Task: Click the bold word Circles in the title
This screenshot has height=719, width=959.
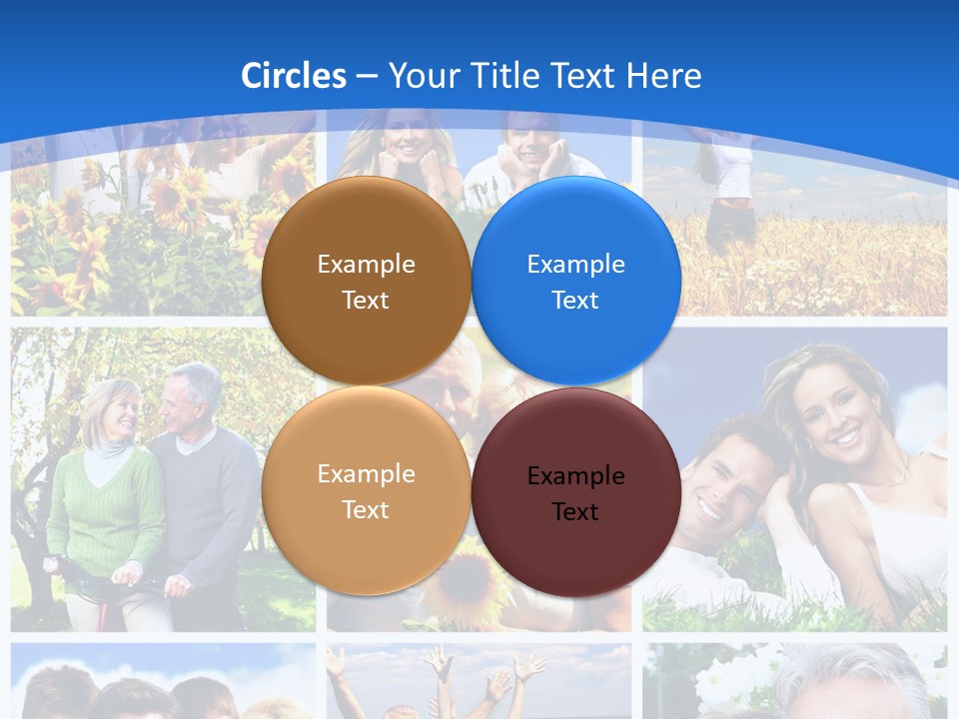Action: [294, 76]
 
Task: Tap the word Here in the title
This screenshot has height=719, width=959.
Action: [664, 76]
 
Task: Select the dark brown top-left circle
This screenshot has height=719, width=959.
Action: [366, 281]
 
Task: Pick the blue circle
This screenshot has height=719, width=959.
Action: [576, 281]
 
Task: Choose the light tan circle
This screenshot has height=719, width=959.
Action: [366, 490]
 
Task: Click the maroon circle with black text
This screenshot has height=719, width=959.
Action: [576, 492]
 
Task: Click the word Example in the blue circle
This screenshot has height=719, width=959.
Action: [576, 264]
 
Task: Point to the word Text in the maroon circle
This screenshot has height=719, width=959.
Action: [575, 512]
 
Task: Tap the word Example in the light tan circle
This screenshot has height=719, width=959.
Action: [366, 473]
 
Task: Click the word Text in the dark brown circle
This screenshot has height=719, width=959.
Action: [366, 301]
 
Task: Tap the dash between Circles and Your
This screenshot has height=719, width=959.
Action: [368, 76]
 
